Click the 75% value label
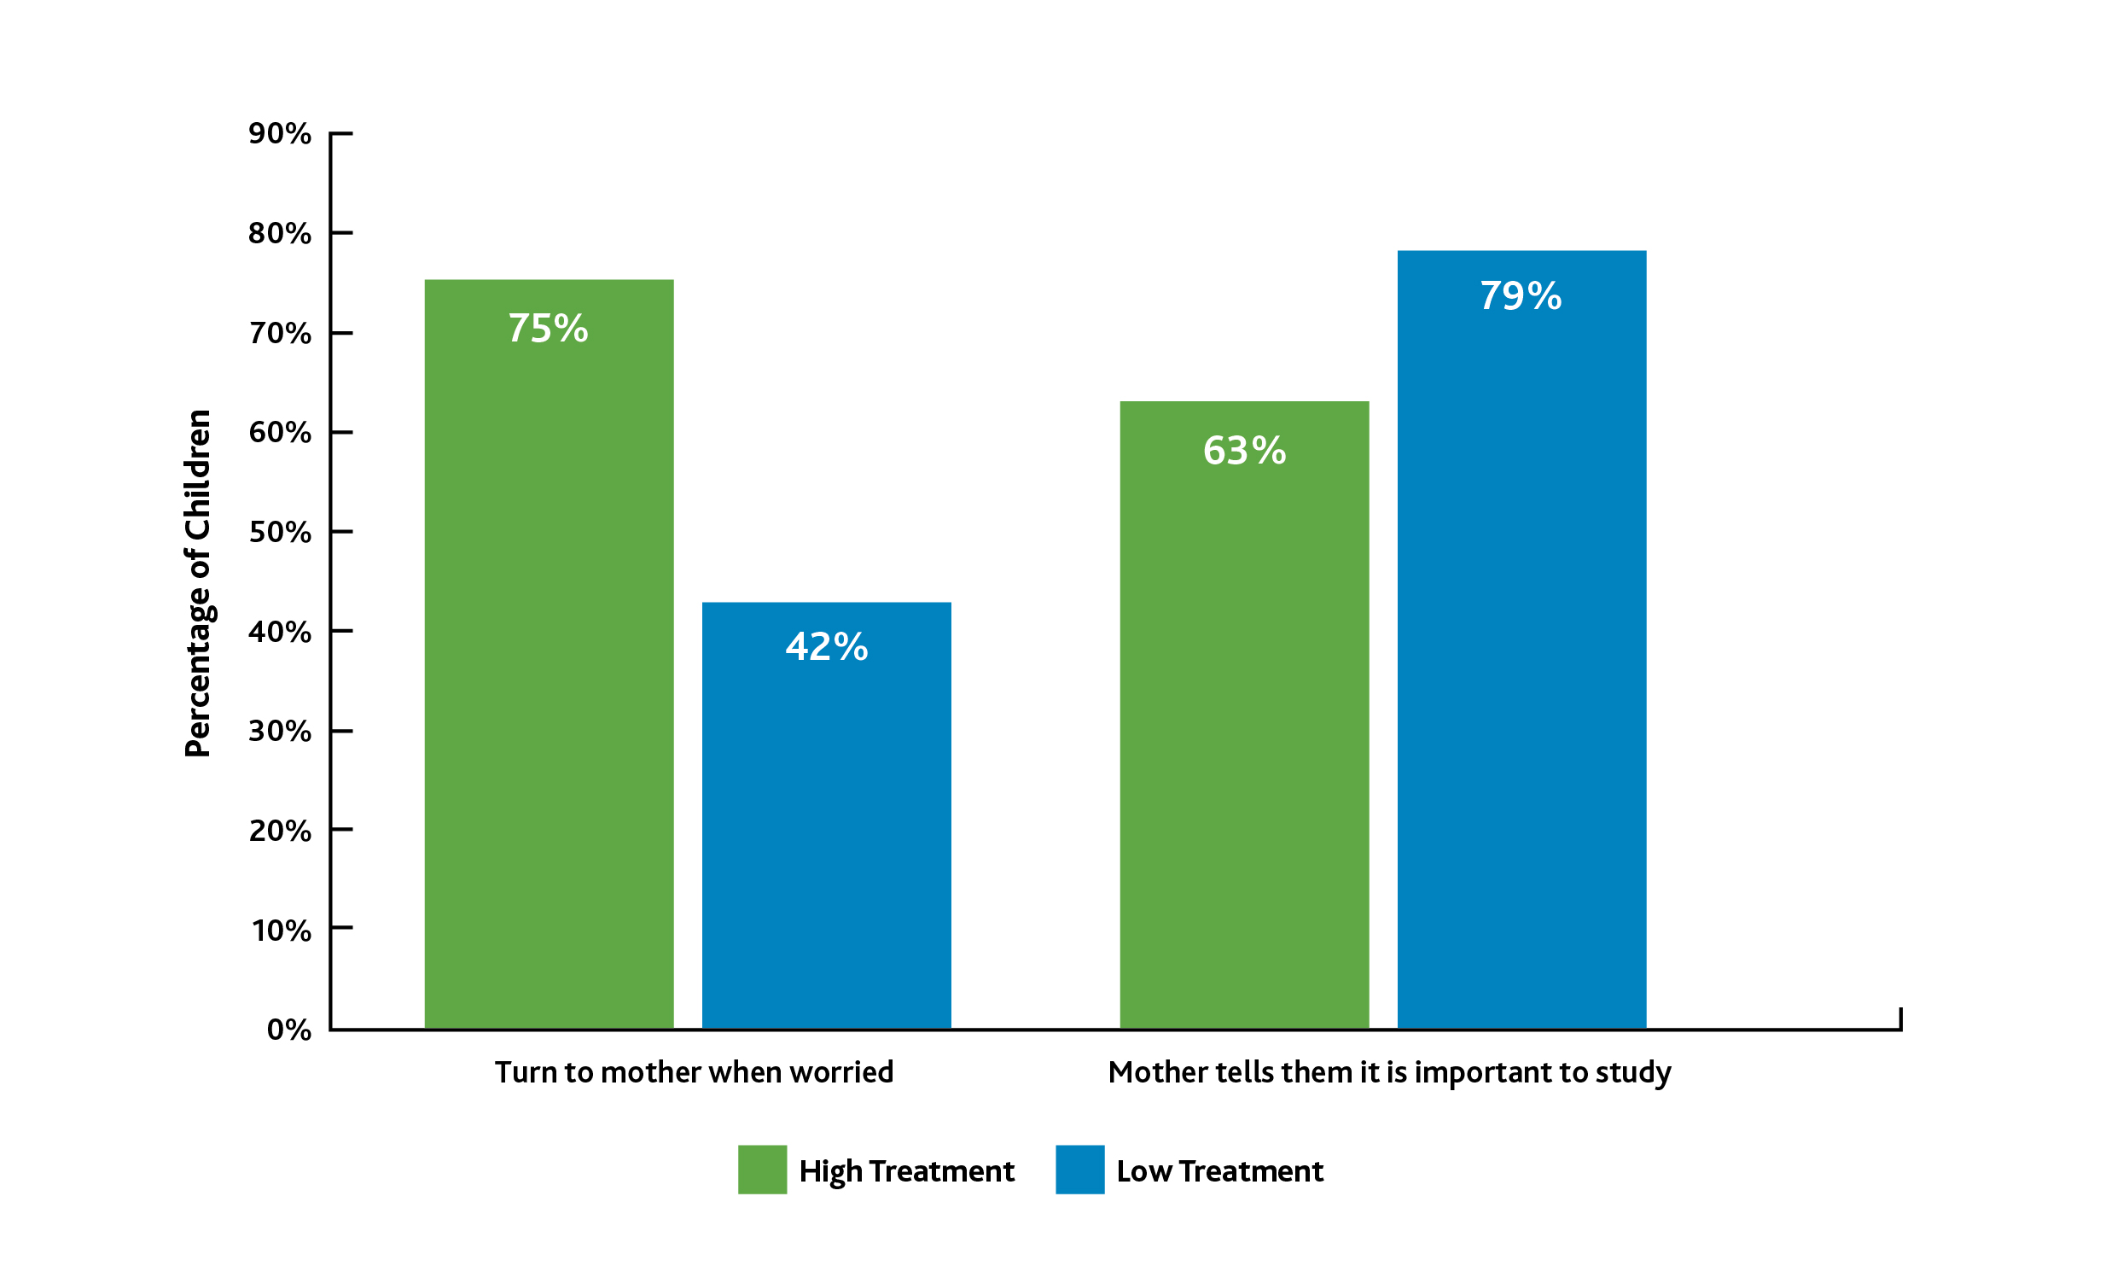[x=548, y=329]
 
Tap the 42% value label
[x=827, y=647]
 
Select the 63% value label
[x=1244, y=452]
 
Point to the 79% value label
[x=1521, y=296]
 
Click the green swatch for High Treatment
[x=762, y=1170]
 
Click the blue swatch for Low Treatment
[x=1080, y=1170]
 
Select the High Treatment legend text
[x=906, y=1171]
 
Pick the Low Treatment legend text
[x=1220, y=1171]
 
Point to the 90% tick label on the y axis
[x=280, y=134]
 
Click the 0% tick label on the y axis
[x=289, y=1030]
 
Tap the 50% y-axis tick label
[x=280, y=533]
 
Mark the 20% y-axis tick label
[x=280, y=832]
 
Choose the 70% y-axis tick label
[x=280, y=334]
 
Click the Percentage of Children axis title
[x=198, y=584]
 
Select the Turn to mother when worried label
[x=695, y=1072]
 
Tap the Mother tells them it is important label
[x=1389, y=1072]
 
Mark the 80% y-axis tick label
[x=280, y=234]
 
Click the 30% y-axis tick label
[x=280, y=732]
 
